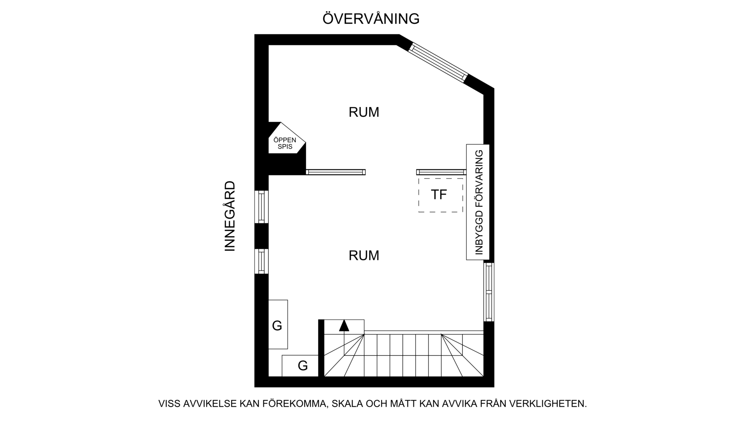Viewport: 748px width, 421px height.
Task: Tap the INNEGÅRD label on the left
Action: coord(230,216)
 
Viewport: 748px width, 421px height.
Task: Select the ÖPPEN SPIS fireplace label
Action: coord(285,143)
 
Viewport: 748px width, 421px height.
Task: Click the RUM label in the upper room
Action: coord(364,112)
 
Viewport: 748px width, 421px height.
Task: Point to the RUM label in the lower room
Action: coord(364,256)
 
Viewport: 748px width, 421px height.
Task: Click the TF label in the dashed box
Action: coord(439,195)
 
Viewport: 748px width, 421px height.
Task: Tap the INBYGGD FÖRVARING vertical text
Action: coord(479,202)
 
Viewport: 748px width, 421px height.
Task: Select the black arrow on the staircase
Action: coord(344,326)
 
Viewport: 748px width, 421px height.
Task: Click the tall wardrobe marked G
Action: coord(278,324)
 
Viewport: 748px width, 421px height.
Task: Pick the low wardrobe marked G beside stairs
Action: coord(300,366)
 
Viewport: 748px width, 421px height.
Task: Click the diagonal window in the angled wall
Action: coord(438,62)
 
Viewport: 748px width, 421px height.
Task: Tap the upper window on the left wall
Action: coord(261,207)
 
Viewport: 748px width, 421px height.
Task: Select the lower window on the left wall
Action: coord(261,261)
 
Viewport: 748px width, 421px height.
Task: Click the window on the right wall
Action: coord(489,292)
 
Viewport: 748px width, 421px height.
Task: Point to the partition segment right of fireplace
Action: coord(335,172)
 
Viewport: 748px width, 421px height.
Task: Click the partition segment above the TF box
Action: coord(441,172)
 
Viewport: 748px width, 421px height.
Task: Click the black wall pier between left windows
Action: coord(261,236)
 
